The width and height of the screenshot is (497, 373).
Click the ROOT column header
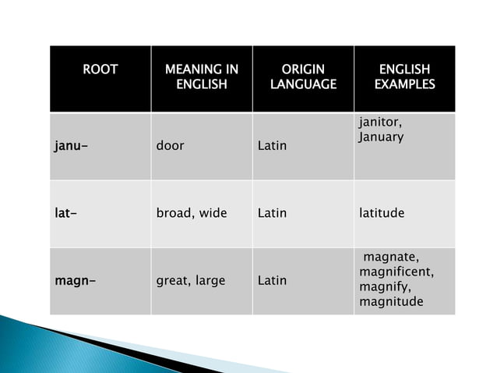click(100, 70)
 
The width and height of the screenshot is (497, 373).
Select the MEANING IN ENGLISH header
click(201, 76)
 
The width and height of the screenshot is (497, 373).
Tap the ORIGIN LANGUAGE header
click(303, 76)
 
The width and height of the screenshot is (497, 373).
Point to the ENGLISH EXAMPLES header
click(404, 76)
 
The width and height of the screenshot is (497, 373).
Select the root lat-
click(65, 213)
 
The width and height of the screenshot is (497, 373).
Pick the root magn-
click(75, 280)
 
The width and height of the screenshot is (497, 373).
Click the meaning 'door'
click(170, 146)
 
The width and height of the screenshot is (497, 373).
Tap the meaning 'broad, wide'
click(191, 213)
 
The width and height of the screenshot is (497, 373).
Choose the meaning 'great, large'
click(190, 280)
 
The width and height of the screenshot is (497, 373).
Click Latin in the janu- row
click(272, 146)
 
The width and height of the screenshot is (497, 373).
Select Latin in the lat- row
click(272, 213)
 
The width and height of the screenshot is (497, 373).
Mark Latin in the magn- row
click(272, 280)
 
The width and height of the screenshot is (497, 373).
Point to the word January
click(381, 137)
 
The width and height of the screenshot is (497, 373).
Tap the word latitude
click(382, 213)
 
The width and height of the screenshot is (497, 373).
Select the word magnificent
click(396, 272)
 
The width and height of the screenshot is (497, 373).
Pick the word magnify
click(382, 287)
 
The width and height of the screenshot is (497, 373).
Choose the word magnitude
click(391, 302)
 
